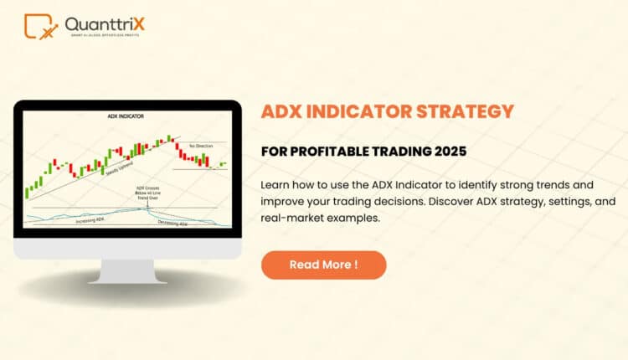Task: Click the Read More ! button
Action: point(323,265)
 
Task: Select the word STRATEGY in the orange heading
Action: point(468,111)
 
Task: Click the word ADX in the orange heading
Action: point(283,111)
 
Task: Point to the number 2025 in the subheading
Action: point(447,152)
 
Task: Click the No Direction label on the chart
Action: point(201,146)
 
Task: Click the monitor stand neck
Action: point(126,270)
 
